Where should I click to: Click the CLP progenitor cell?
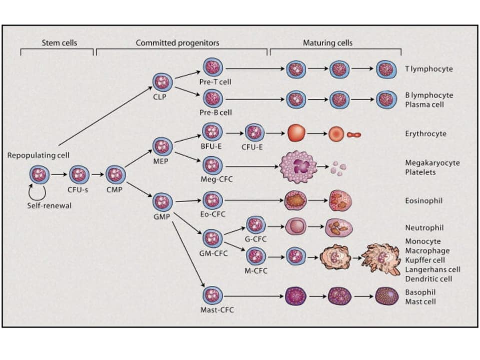pos(162,82)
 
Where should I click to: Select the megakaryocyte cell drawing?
pos(298,166)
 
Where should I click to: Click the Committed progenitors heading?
pos(177,43)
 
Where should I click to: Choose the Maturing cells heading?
pos(327,43)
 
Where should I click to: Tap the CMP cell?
pos(116,174)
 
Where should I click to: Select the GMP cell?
pos(162,202)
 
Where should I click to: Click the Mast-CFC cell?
pos(213,295)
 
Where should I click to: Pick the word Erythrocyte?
pos(425,134)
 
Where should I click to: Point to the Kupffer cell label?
pos(427,260)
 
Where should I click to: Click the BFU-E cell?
pos(212,132)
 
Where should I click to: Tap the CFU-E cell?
pos(255,133)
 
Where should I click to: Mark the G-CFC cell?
pos(256,225)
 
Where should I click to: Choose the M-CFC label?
pos(256,271)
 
